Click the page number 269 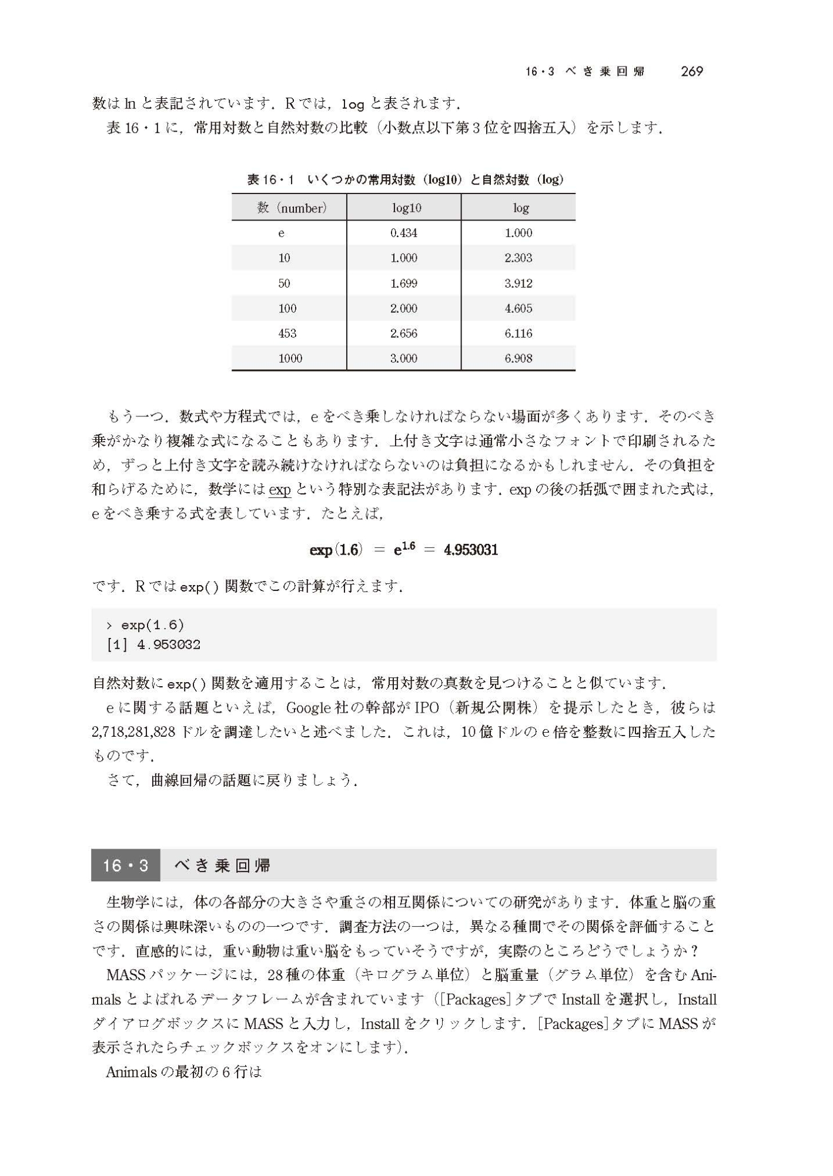tap(691, 72)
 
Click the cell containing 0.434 tap(404, 233)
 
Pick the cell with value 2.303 tap(518, 258)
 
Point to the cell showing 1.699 tap(404, 283)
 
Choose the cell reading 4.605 tap(518, 309)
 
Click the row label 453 tap(287, 333)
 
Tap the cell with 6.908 tap(518, 359)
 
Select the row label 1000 tap(290, 359)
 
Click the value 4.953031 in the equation tap(471, 550)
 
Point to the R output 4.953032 tap(168, 645)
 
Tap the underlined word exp tap(280, 490)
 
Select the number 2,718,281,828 tap(134, 732)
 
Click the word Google tap(307, 707)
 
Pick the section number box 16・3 tap(125, 866)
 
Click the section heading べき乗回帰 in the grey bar tap(222, 866)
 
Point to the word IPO tap(427, 707)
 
